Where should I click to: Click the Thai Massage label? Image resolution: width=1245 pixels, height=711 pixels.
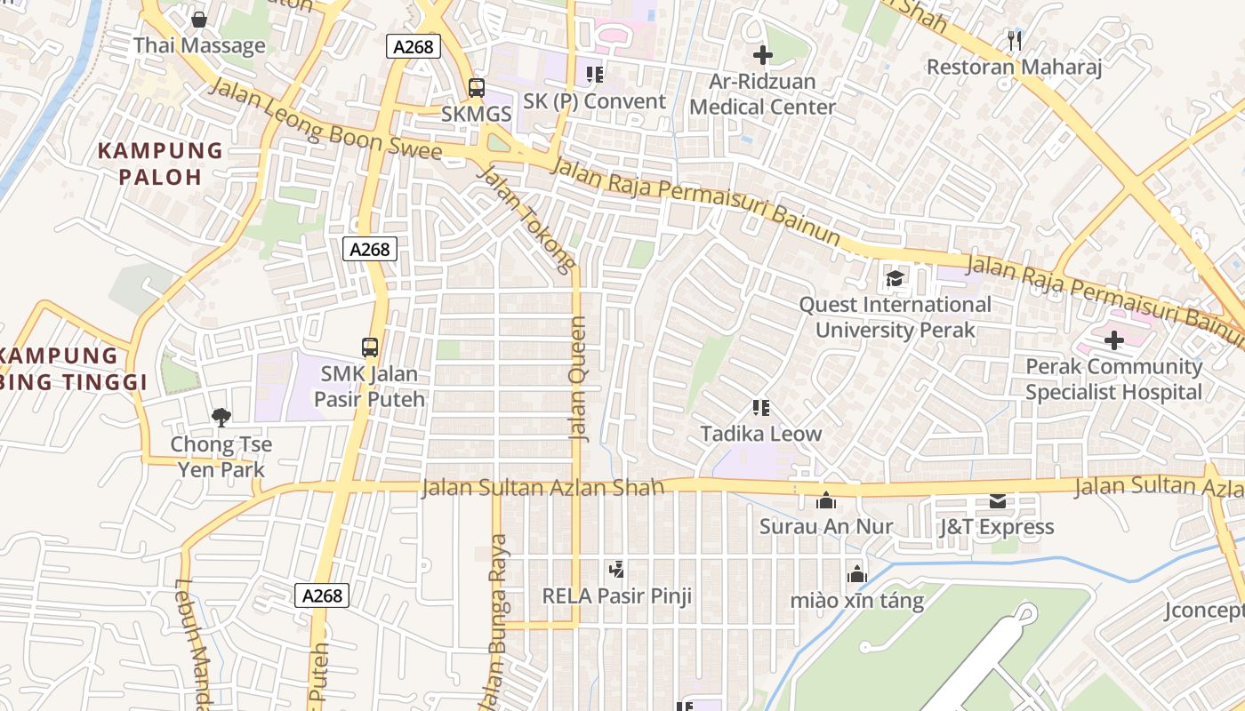click(199, 45)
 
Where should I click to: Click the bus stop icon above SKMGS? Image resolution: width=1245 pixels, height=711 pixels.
click(477, 88)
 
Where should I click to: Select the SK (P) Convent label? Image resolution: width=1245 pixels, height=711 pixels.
click(594, 101)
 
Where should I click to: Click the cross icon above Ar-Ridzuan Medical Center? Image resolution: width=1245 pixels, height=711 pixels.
click(762, 55)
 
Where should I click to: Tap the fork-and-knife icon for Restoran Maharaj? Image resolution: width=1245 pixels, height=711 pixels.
click(1014, 39)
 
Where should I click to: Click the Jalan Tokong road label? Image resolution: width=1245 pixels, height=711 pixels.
click(526, 217)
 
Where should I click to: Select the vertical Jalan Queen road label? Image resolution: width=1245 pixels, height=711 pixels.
click(578, 379)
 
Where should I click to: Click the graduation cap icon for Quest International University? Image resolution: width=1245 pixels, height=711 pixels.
click(894, 279)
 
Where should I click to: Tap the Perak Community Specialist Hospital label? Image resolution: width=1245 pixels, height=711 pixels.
click(1113, 379)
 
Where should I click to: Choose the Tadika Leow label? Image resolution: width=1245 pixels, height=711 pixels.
click(760, 435)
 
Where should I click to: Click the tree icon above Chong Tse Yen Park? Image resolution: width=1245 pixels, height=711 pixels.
click(220, 417)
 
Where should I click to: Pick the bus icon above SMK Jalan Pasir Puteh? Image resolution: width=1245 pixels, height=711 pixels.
click(369, 348)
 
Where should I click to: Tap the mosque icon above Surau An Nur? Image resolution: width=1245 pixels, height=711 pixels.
click(825, 500)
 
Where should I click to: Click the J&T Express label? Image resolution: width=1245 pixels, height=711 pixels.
click(996, 527)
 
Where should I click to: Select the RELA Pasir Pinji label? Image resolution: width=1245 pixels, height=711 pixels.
click(617, 595)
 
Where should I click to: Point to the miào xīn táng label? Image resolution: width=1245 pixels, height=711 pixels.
click(857, 601)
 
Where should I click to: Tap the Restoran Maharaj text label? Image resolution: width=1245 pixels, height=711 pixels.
click(1014, 68)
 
